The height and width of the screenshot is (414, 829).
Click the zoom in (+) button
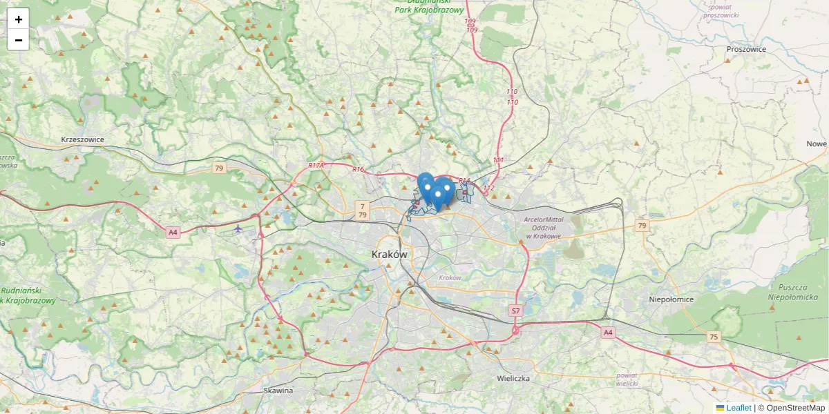click(x=19, y=19)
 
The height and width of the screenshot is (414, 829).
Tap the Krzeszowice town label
click(x=82, y=139)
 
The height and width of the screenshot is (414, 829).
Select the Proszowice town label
click(x=746, y=49)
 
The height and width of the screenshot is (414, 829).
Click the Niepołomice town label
click(x=671, y=299)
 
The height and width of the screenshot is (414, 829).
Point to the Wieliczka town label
click(x=513, y=379)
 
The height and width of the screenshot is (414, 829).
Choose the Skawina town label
click(x=278, y=391)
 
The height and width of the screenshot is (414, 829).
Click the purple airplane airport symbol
click(x=238, y=228)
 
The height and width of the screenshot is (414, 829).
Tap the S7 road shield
click(x=515, y=311)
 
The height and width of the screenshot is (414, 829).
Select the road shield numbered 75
click(x=714, y=336)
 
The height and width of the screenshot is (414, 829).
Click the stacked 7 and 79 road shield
click(x=363, y=210)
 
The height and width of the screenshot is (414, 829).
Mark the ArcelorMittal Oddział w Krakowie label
click(x=544, y=228)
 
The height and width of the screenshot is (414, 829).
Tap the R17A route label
click(x=316, y=166)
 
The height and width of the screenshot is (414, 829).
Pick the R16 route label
click(x=358, y=170)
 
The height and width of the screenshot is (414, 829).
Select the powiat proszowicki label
click(x=721, y=12)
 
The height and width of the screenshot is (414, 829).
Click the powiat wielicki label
click(x=627, y=379)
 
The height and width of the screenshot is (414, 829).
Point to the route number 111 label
click(x=498, y=160)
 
